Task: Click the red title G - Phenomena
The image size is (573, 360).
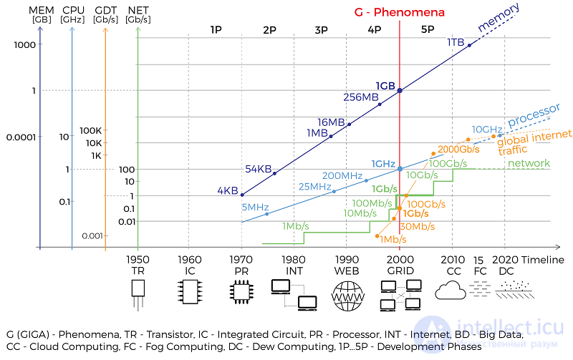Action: (x=399, y=12)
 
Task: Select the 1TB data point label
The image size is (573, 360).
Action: (x=456, y=42)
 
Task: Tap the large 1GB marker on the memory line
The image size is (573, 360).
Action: (x=400, y=90)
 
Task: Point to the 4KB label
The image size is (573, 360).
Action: (x=227, y=190)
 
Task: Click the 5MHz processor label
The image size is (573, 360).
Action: (x=255, y=207)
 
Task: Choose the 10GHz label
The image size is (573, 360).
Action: (x=487, y=130)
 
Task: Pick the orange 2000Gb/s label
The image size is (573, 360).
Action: (x=458, y=149)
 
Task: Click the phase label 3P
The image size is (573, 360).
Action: (x=321, y=30)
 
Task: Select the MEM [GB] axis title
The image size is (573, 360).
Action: (x=42, y=14)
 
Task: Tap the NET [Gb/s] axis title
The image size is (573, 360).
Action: (x=138, y=14)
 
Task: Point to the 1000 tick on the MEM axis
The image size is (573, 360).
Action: (x=25, y=45)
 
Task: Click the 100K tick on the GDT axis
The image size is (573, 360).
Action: (x=91, y=130)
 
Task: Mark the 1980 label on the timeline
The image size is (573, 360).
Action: (x=294, y=260)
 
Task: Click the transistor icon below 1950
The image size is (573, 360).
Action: (x=138, y=295)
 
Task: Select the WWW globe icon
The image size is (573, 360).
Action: (x=348, y=296)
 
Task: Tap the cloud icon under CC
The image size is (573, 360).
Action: (x=451, y=291)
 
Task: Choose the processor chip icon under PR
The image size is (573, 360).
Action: (x=241, y=292)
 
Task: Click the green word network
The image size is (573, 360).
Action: (x=529, y=163)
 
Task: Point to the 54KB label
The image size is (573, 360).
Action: (x=259, y=169)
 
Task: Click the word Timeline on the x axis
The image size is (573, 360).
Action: (x=543, y=260)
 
